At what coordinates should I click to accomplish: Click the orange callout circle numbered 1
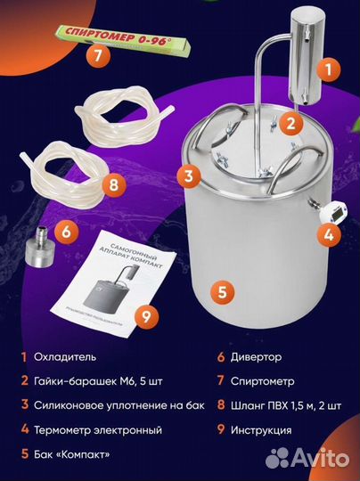(327, 67)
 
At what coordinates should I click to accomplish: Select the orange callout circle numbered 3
(188, 175)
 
